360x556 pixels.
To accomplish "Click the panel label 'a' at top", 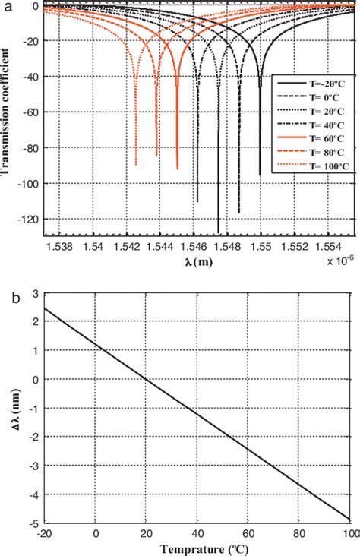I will [x=6, y=6].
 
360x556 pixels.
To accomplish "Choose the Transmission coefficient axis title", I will [x=8, y=114].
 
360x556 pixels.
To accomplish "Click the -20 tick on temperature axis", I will [x=46, y=533].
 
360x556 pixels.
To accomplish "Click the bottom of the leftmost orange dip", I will [x=136, y=164].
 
